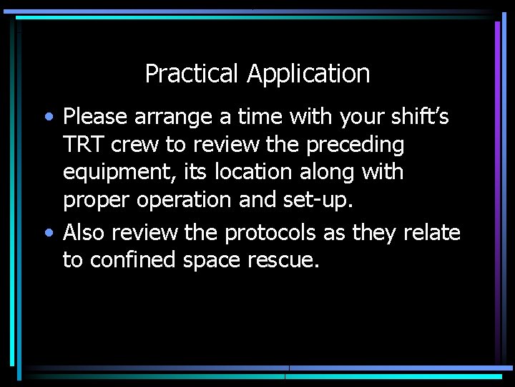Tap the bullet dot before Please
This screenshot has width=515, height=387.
click(47, 117)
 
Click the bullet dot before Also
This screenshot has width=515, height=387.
click(47, 233)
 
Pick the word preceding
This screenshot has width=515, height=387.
click(355, 145)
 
